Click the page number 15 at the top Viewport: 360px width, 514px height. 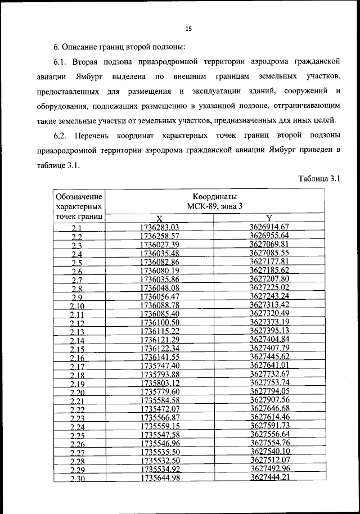[x=188, y=29]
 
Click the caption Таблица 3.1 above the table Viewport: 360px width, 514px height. [x=318, y=179]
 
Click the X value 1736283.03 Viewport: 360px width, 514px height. [x=159, y=227]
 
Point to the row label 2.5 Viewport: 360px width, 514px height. [x=77, y=263]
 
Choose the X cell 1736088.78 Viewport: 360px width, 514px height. [x=159, y=305]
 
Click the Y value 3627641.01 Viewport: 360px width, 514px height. [x=269, y=366]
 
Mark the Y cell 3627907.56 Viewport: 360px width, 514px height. [x=269, y=400]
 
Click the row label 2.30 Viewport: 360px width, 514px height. [x=77, y=479]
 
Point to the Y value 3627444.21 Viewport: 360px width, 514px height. [x=269, y=477]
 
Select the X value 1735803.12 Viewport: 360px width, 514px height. [x=159, y=384]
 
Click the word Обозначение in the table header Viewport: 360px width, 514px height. [x=79, y=197]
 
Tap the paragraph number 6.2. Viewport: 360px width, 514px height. [x=61, y=136]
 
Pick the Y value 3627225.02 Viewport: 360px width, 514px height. [x=269, y=287]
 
